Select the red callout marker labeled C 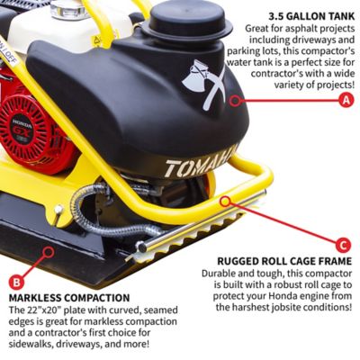(x=342, y=244)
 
